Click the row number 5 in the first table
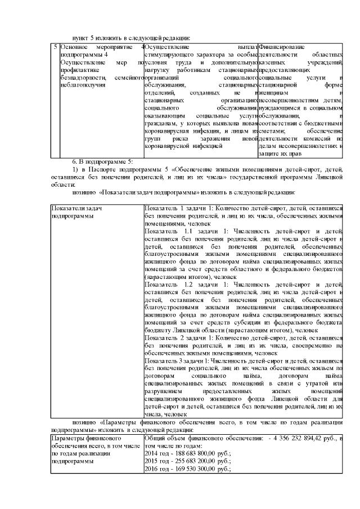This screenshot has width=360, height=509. click(55, 47)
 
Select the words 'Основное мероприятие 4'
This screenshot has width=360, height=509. click(102, 47)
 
